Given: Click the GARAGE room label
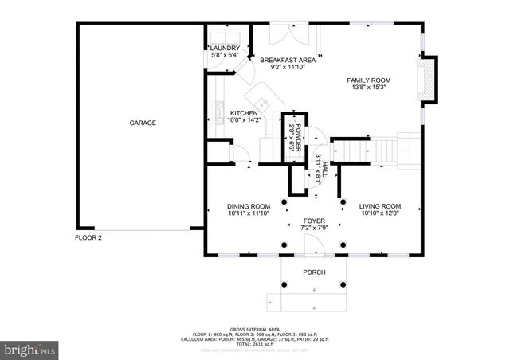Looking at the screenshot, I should [x=143, y=123].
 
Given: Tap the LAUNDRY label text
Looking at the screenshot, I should [x=225, y=48].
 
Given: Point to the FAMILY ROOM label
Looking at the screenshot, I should [x=368, y=80].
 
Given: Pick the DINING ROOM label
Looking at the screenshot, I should [x=248, y=205].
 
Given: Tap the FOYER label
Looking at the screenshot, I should [x=313, y=221].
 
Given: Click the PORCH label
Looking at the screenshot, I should [x=314, y=272].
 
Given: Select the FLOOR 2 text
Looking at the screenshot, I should [x=88, y=237].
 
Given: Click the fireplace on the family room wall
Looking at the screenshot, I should [x=430, y=80].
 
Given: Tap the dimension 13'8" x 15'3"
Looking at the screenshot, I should [x=368, y=89].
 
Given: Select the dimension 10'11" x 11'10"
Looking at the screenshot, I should [x=248, y=213].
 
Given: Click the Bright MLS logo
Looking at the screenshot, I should [x=30, y=349].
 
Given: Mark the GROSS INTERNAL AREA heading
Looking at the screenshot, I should [x=255, y=328].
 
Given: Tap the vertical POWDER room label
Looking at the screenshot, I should [x=295, y=136].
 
